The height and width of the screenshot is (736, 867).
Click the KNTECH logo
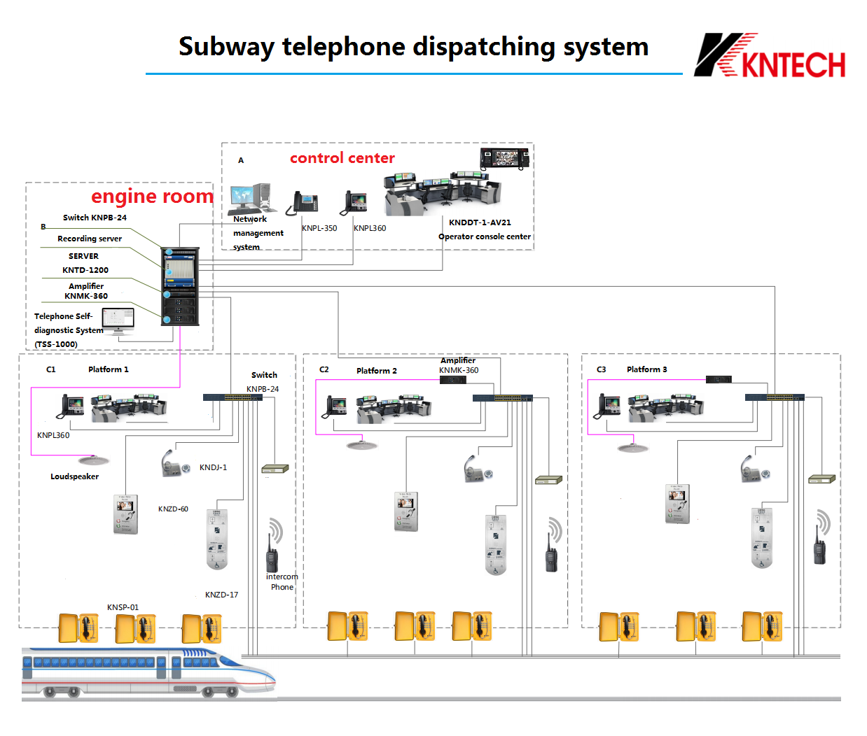(770, 56)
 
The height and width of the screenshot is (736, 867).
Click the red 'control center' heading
(342, 158)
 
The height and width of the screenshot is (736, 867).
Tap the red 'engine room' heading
(152, 197)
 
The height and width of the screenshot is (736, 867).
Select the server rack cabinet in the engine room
(181, 286)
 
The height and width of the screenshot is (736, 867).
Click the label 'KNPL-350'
(319, 228)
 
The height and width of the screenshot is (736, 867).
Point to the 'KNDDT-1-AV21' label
(480, 222)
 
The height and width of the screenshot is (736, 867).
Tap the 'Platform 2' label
(377, 371)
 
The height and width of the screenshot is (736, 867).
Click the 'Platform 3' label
(646, 369)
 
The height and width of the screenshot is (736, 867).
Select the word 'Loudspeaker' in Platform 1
(74, 476)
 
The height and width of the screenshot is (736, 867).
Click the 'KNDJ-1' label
(213, 467)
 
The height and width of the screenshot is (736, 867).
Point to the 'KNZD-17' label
(221, 595)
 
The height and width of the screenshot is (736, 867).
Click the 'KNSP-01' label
(123, 607)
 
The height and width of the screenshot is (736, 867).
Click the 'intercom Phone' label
(282, 582)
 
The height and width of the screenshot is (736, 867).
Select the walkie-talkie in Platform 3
(819, 546)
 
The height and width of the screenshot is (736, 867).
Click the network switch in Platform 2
(502, 398)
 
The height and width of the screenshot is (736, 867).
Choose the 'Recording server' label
(90, 239)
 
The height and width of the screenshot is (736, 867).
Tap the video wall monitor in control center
(504, 158)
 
